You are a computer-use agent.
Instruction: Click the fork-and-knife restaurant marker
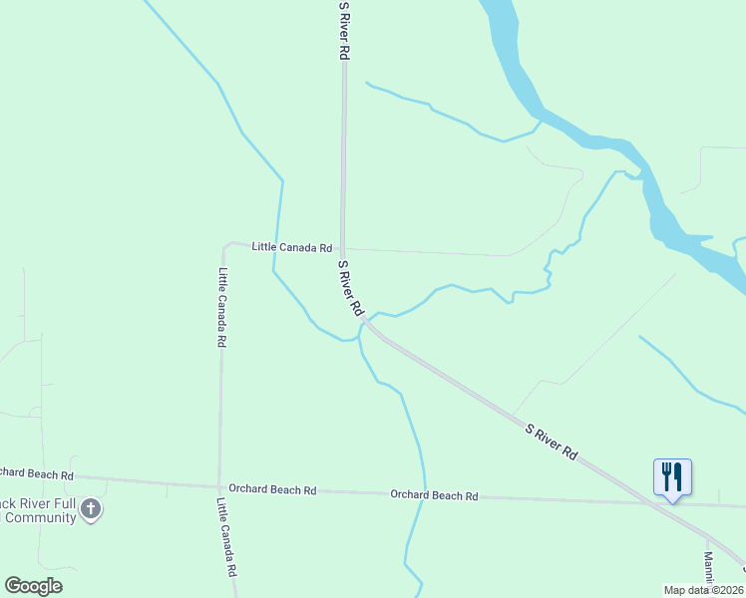672,476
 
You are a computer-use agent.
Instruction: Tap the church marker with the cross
91,510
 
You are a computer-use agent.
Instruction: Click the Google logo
34,586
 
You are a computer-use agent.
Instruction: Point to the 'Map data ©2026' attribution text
702,590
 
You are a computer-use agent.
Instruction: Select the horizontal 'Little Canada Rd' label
291,247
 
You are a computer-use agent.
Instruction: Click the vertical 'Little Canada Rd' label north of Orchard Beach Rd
222,307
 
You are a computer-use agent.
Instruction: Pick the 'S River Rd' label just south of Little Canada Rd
351,289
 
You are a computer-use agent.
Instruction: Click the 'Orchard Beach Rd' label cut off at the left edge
37,474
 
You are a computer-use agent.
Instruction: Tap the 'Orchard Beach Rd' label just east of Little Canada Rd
272,489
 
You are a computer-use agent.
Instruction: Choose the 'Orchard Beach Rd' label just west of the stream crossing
434,495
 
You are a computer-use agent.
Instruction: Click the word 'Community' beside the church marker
40,518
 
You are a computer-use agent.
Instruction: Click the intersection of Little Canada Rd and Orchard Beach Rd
220,486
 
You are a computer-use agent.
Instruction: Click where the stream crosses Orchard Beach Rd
423,495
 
